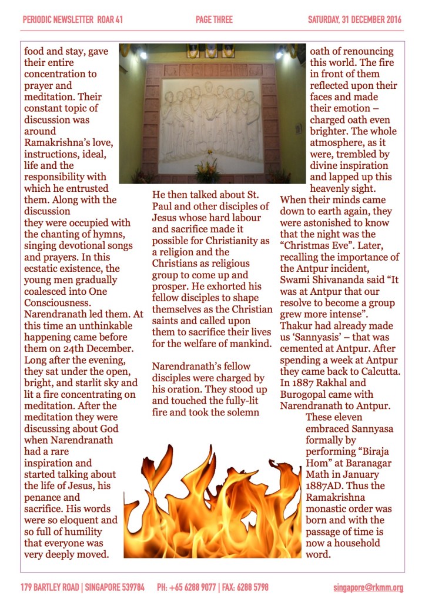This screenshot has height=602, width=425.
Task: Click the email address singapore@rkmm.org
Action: click(x=368, y=587)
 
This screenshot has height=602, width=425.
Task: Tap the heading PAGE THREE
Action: click(x=214, y=20)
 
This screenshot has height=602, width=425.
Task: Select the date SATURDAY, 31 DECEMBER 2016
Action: click(x=354, y=20)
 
